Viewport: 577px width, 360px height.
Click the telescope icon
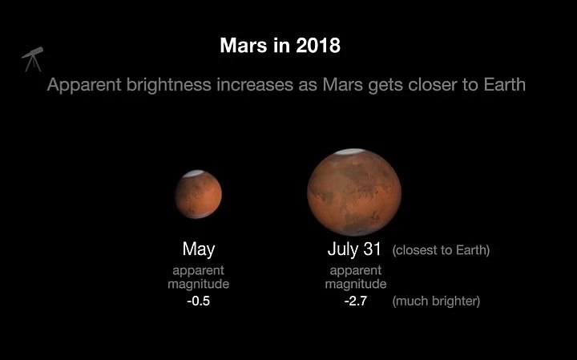pyautogui.click(x=33, y=59)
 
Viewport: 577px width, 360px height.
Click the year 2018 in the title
pyautogui.click(x=318, y=46)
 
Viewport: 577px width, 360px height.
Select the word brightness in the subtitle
pyautogui.click(x=169, y=85)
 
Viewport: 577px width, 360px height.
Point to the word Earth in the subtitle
pyautogui.click(x=504, y=85)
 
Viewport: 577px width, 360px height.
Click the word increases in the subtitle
pyautogui.click(x=255, y=85)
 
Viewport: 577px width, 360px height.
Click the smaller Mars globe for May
pyautogui.click(x=199, y=194)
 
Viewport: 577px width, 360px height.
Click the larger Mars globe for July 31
pyautogui.click(x=354, y=192)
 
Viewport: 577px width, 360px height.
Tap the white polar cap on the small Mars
pyautogui.click(x=194, y=173)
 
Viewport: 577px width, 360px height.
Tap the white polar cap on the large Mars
pyautogui.click(x=350, y=152)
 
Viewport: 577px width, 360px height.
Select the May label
pyautogui.click(x=199, y=249)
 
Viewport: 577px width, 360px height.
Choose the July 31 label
pyautogui.click(x=354, y=249)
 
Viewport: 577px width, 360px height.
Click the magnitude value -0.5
pyautogui.click(x=199, y=301)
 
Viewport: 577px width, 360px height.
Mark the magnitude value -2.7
pyautogui.click(x=356, y=301)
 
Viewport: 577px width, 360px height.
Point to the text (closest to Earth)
pyautogui.click(x=441, y=250)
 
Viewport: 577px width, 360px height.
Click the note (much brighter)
pyautogui.click(x=436, y=301)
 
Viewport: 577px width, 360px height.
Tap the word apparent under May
pyautogui.click(x=199, y=271)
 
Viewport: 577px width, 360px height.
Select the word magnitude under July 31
pyautogui.click(x=356, y=284)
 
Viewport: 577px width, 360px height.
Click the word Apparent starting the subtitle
pyautogui.click(x=84, y=85)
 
